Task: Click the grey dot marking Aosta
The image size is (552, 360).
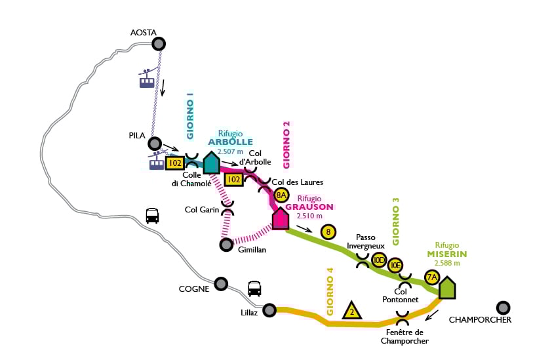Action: point(158,43)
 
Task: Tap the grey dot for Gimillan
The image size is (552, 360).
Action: point(226,244)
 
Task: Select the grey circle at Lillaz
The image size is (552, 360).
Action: point(269,310)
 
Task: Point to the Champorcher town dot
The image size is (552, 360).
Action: point(503,307)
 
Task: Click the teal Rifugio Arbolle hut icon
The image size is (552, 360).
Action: point(211,162)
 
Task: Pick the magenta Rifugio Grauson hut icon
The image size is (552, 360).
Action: point(281,218)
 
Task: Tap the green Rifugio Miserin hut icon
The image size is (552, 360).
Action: point(447,288)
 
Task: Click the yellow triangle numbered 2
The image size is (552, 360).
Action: point(352,310)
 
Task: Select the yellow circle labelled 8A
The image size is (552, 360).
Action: point(282,195)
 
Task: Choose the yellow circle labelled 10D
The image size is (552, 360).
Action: point(379,260)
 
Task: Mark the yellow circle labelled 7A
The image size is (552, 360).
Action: point(432,277)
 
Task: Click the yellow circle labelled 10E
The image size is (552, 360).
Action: point(395,266)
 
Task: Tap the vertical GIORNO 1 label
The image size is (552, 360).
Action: point(190,116)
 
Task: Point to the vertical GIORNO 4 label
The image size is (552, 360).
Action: point(330,291)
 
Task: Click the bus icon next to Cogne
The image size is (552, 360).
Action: point(254,289)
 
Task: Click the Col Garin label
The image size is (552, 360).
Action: point(201,210)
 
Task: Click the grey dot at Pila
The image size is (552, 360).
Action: point(155,143)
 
